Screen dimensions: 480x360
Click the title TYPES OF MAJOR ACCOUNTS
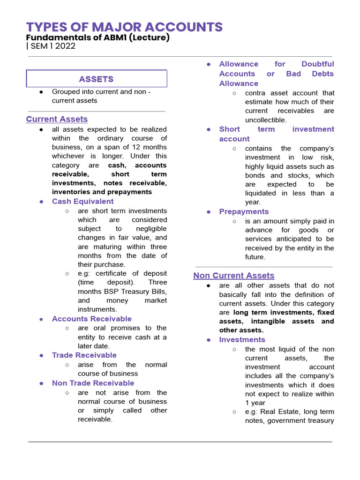[124, 27]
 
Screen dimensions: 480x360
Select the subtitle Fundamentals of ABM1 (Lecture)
[97, 37]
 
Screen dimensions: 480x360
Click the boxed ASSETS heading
[96, 79]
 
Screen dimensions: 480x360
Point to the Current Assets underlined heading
[57, 119]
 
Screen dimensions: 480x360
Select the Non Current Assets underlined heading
[233, 276]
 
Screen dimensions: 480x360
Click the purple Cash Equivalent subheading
[82, 201]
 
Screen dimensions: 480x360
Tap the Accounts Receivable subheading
[92, 319]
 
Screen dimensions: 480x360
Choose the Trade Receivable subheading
[84, 355]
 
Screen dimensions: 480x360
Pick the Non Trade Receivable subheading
[93, 383]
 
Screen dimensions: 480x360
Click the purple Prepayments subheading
[244, 211]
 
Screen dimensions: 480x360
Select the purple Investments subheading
[242, 339]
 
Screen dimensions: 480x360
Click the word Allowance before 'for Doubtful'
[239, 64]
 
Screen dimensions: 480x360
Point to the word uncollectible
[265, 120]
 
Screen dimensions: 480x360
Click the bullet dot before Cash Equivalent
[42, 202]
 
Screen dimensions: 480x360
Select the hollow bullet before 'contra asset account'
[234, 93]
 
